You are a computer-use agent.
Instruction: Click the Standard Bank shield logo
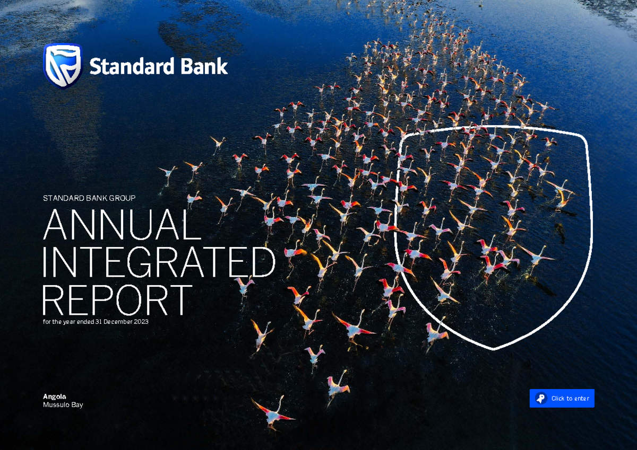(63, 65)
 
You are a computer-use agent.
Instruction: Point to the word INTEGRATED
(159, 263)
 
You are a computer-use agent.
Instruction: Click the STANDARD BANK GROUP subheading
(89, 198)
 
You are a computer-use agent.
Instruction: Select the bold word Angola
(55, 396)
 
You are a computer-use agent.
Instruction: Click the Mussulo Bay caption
(63, 405)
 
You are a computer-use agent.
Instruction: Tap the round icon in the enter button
(540, 399)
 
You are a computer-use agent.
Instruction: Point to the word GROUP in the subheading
(123, 198)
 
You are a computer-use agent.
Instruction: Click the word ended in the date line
(85, 322)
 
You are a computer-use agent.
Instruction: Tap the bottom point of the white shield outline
(494, 349)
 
